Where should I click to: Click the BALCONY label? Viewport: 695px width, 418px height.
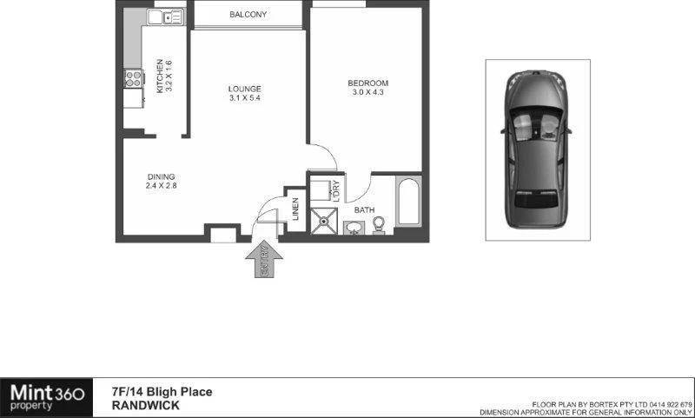[x=248, y=15]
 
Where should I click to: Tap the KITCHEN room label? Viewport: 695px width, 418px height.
[x=159, y=76]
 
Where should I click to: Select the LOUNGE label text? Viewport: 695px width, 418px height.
[x=244, y=89]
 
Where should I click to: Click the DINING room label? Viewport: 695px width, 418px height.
[x=161, y=176]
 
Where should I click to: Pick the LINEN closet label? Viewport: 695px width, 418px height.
[x=295, y=209]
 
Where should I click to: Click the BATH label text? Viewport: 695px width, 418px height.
[x=364, y=210]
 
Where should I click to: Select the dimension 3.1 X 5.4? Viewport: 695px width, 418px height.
[x=244, y=98]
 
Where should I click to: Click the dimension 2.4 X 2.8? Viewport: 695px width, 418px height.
[x=161, y=186]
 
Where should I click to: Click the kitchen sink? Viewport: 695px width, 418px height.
[x=163, y=16]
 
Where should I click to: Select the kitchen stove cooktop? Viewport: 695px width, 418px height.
[x=133, y=79]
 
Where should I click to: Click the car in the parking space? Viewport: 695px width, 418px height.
[x=537, y=149]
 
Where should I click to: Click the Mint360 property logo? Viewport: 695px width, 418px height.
[x=48, y=397]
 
